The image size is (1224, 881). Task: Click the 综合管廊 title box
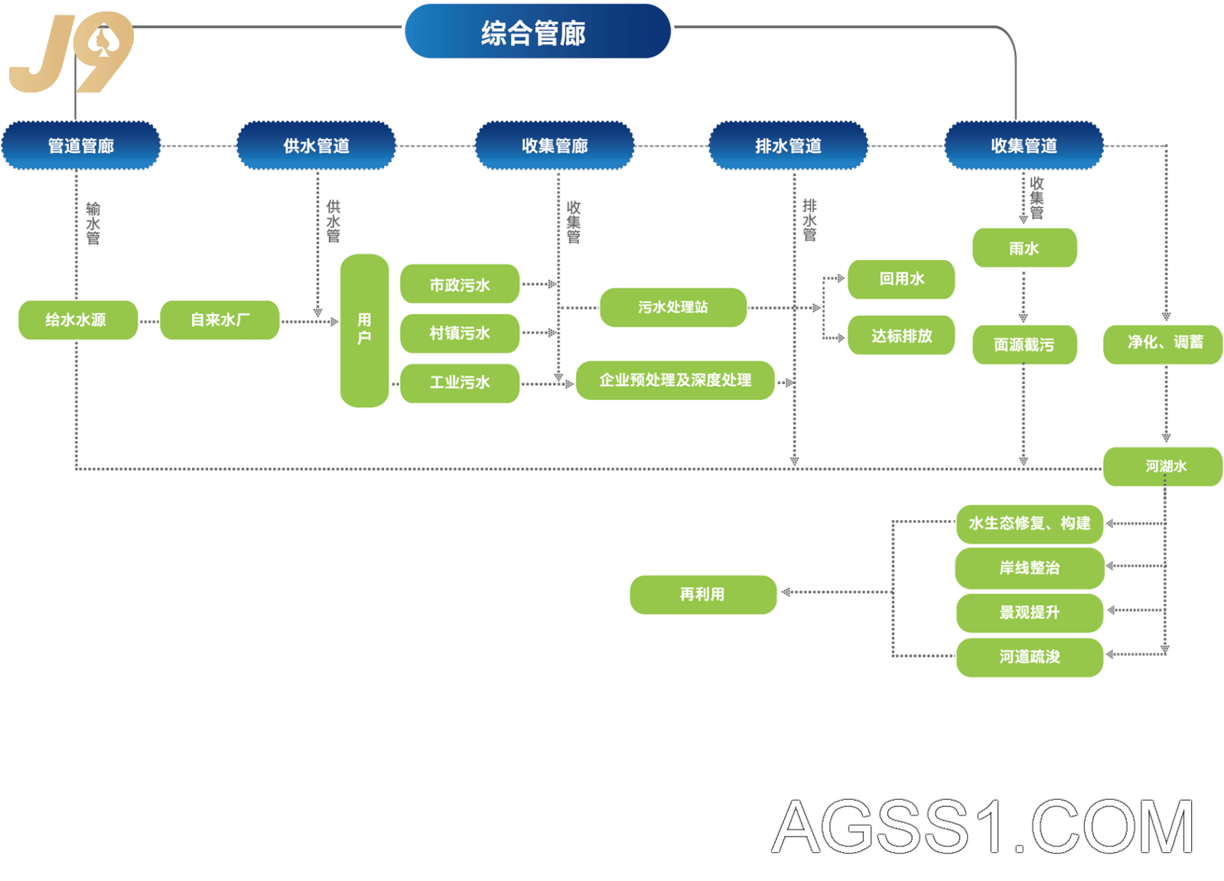coord(538,31)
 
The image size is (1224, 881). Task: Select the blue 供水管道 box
coord(317,146)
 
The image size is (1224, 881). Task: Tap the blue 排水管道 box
coord(789,146)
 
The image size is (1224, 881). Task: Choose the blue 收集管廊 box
coord(555,146)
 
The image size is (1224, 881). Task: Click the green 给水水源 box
coord(78,320)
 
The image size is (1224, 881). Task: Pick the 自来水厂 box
coord(220,320)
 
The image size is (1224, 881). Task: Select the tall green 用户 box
coord(364,330)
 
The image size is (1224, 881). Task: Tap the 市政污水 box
coord(460,284)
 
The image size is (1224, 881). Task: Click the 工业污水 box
coord(460,383)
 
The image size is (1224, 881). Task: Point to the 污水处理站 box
coord(673,307)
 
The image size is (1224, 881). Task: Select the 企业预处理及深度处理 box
coord(675,380)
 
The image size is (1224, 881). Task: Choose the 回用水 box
coord(901,279)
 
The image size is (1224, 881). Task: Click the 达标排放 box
coord(901,335)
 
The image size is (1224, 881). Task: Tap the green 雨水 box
coord(1024,248)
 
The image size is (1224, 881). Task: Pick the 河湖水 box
coord(1163,467)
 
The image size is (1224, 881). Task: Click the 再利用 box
coord(703,595)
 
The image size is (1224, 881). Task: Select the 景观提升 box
coord(1030,613)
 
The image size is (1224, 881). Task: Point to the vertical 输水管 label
coord(93,223)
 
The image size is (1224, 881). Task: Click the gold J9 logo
coord(71,53)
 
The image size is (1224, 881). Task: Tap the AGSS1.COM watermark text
coord(982,826)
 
